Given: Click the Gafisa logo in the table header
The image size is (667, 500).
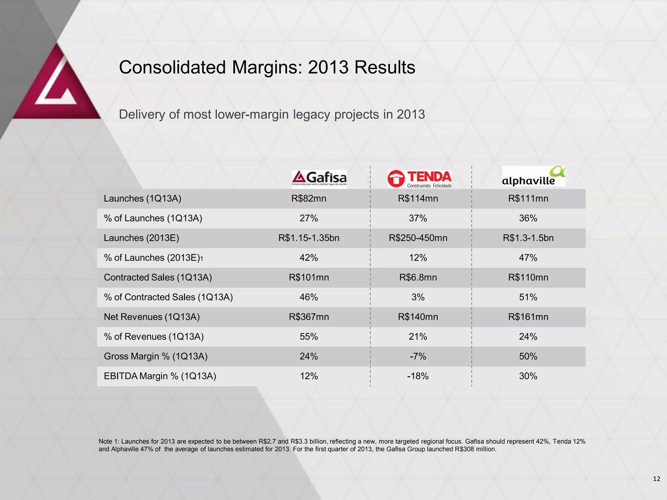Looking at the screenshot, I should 319,178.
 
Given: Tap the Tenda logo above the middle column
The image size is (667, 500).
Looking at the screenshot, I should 419,179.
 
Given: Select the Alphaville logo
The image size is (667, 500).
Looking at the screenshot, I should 533,176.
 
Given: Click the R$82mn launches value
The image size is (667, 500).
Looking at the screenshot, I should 309,199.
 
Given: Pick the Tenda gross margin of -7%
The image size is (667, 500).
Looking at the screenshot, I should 418,356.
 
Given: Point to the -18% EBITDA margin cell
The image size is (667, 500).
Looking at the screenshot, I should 418,376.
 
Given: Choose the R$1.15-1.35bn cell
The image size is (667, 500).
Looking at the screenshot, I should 309,238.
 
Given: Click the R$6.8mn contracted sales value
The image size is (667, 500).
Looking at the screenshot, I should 418,277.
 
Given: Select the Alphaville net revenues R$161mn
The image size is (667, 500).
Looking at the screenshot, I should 528,317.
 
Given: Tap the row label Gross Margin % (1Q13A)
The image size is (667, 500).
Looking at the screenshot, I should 156,356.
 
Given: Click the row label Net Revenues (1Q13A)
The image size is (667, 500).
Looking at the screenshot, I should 152,317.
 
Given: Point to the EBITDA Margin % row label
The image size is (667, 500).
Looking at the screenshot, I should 160,376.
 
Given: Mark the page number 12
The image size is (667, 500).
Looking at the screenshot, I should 657,479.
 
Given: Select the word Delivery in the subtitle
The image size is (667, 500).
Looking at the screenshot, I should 142,115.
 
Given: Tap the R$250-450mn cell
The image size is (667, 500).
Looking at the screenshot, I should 418,238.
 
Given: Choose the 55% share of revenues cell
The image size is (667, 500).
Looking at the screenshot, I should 309,337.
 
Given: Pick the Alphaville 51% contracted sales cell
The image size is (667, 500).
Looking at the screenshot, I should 528,297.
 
